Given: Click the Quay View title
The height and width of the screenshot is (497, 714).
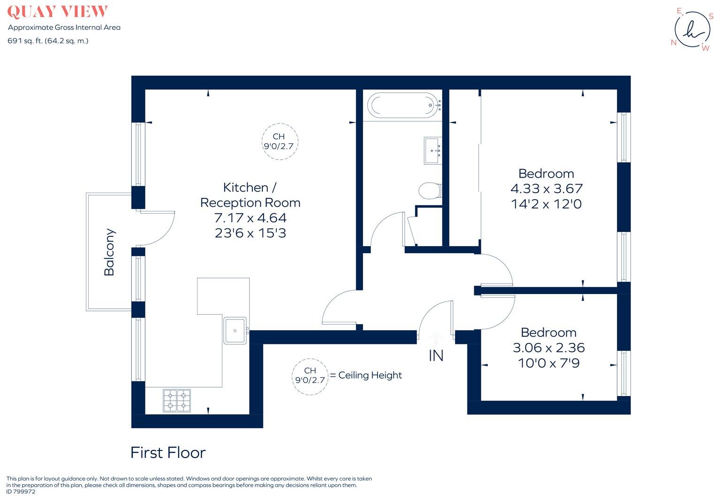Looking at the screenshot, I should point(57,12).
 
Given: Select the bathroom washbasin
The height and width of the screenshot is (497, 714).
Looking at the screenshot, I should point(433,150).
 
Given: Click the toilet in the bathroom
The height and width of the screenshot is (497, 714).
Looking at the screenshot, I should point(430,191).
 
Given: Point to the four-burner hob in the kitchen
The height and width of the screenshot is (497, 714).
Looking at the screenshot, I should point(177,401).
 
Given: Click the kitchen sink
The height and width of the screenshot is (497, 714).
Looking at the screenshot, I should point(235,330).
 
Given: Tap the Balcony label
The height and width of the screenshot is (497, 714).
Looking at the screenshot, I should point(109,252).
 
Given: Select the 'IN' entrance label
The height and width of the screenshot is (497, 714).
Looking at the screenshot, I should point(436,356).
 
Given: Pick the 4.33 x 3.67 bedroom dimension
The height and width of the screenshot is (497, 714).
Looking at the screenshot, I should point(546,189).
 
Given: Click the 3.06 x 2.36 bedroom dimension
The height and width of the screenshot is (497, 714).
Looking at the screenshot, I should point(548,348).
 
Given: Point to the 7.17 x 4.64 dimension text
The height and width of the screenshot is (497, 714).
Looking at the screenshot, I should point(250,218).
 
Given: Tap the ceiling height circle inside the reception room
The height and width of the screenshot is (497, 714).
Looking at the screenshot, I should point(279,141).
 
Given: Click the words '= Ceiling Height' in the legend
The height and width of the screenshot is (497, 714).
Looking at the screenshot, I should point(366,375).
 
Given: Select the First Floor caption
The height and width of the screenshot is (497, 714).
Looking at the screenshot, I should point(168,452).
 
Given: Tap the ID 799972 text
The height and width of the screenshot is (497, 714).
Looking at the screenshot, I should point(21,492).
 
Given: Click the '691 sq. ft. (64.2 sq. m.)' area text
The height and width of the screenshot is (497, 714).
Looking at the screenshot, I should point(48,41).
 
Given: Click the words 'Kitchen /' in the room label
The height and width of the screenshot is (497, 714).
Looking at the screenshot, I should point(250,187).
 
